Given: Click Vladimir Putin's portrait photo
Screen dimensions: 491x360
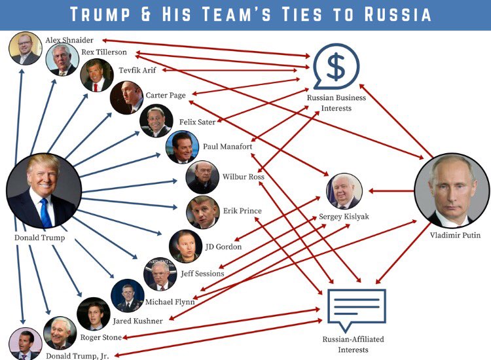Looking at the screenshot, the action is click(452, 190).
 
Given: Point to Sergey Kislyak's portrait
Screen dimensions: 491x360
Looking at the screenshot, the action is click(344, 191).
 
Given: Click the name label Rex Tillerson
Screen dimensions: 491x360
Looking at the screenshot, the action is click(104, 52).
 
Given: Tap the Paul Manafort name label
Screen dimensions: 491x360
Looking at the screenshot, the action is click(227, 147).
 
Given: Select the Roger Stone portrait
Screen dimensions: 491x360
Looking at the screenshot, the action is click(60, 333).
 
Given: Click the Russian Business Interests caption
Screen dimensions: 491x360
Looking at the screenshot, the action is click(336, 103).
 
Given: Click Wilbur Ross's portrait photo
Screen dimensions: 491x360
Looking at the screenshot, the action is click(202, 177).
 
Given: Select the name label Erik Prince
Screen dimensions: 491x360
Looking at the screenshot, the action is click(242, 211).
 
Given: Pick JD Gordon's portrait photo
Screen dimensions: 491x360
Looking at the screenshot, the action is click(185, 245).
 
